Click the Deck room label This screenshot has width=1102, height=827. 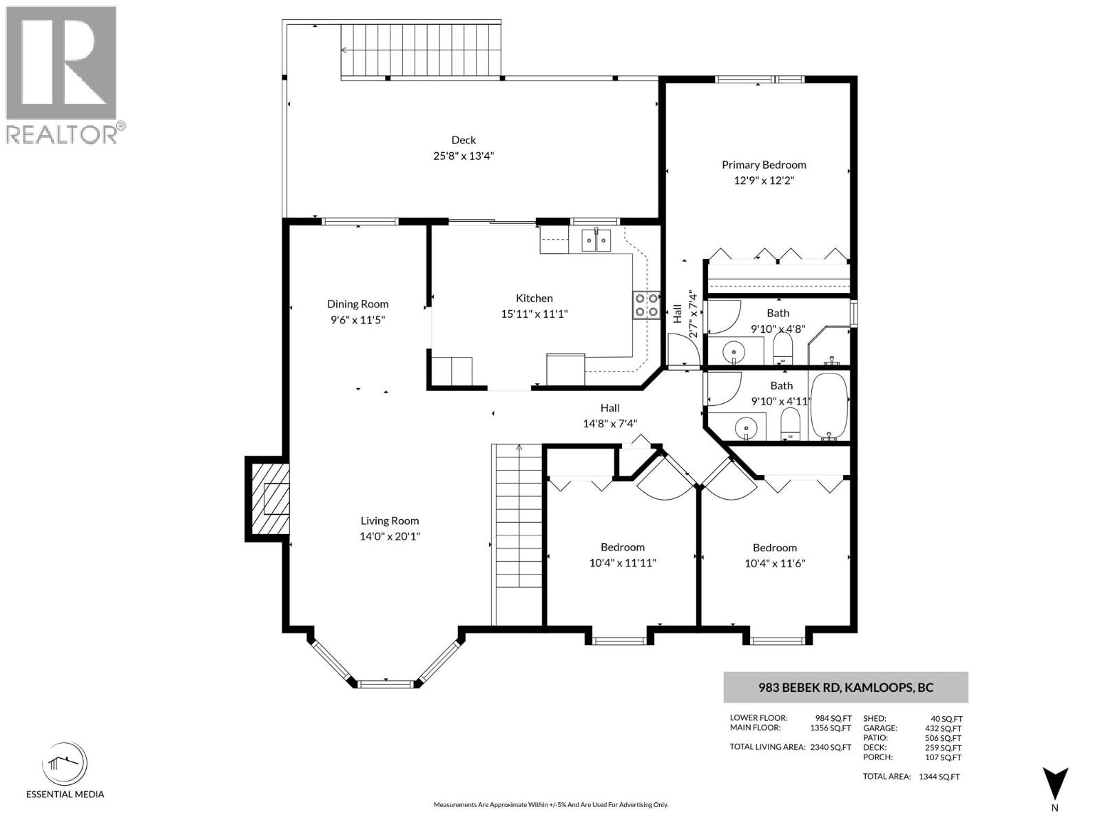464,140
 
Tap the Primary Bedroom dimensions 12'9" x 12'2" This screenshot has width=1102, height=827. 764,181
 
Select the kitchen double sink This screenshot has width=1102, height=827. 596,241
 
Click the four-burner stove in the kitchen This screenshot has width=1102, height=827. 645,305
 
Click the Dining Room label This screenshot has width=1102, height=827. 357,304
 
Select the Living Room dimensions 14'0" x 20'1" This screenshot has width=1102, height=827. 390,536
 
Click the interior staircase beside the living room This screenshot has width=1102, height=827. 517,534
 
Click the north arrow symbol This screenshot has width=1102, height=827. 1054,784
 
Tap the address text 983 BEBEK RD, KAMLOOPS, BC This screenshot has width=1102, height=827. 846,687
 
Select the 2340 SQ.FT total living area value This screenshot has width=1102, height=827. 830,747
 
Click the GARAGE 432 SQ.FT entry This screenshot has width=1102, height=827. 912,728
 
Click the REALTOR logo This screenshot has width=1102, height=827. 63,74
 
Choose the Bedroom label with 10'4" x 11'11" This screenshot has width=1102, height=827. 622,547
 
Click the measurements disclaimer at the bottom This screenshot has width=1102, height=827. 550,804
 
